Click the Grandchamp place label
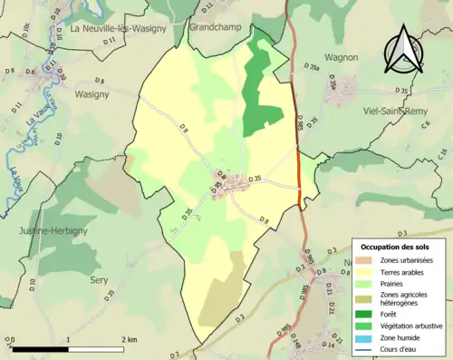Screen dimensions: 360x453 point(216,27)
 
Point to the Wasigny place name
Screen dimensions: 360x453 point(92,93)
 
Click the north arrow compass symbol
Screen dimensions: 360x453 point(403,53)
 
